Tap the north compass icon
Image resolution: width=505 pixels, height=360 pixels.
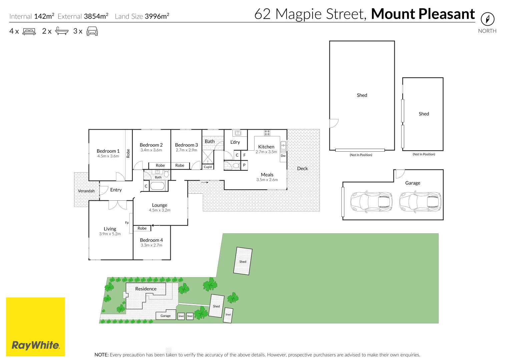pyautogui.click(x=487, y=19)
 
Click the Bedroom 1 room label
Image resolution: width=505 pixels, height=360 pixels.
pyautogui.click(x=108, y=151)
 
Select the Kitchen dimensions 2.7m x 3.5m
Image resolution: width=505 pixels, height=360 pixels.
pyautogui.click(x=266, y=152)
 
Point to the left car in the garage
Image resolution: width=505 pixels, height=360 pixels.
pyautogui.click(x=371, y=202)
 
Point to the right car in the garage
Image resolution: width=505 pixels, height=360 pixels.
pyautogui.click(x=420, y=202)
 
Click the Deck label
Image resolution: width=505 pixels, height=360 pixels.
pyautogui.click(x=302, y=168)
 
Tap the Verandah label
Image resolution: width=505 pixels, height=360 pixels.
pyautogui.click(x=86, y=191)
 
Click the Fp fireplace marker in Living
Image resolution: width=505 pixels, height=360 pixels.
pyautogui.click(x=127, y=223)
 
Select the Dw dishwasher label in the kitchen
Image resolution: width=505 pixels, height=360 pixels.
pyautogui.click(x=283, y=156)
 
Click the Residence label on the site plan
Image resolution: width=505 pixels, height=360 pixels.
pyautogui.click(x=146, y=289)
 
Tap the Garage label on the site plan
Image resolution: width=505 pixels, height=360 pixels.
pyautogui.click(x=165, y=316)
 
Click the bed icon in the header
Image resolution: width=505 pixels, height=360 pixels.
pyautogui.click(x=29, y=31)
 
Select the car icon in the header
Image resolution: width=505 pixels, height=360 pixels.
pyautogui.click(x=92, y=31)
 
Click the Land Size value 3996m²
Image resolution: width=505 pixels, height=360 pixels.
pyautogui.click(x=157, y=16)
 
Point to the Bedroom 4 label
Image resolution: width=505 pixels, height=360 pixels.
pyautogui.click(x=151, y=240)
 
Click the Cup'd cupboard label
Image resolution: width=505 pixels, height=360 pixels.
pyautogui.click(x=208, y=167)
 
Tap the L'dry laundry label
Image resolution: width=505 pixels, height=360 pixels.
pyautogui.click(x=235, y=142)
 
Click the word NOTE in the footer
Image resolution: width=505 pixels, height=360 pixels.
pyautogui.click(x=101, y=355)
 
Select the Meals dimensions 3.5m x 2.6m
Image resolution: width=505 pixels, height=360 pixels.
pyautogui.click(x=267, y=180)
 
